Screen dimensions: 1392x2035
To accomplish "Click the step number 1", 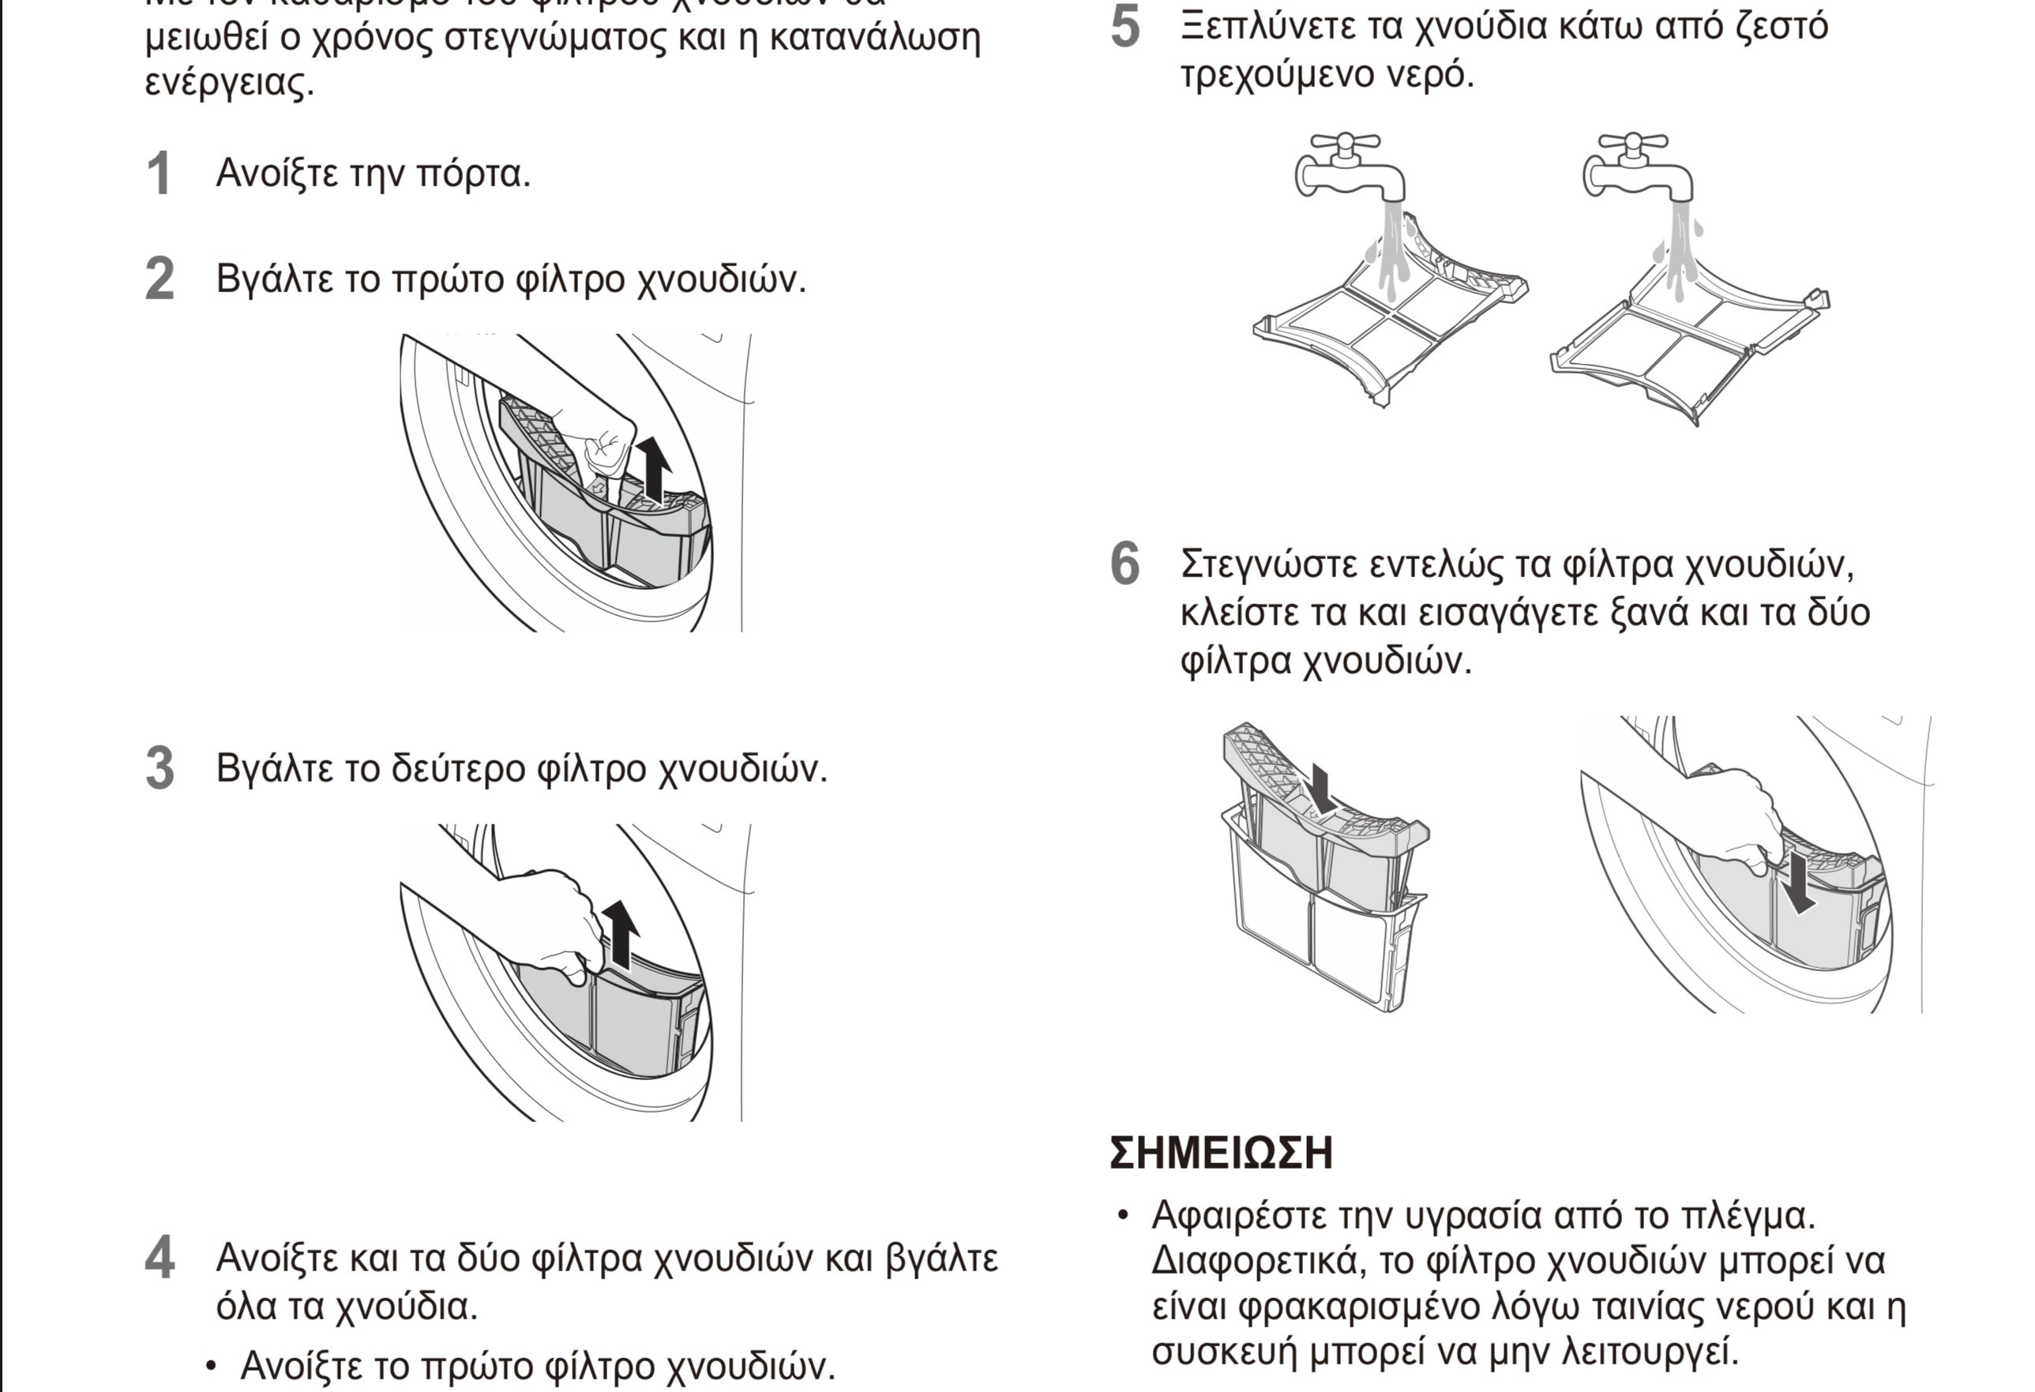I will pos(159,174).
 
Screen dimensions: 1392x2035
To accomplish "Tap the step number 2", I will pos(160,280).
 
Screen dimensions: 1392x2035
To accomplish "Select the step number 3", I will pos(160,769).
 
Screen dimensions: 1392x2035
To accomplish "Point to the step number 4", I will pos(160,1258).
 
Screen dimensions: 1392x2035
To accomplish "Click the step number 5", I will pos(1125,26).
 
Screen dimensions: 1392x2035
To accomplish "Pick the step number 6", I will pos(1125,563).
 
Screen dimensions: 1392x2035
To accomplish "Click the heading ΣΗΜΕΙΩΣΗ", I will pos(1221,1153).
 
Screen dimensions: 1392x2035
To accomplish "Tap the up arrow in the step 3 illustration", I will pos(620,935).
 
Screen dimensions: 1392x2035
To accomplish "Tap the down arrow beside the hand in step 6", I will pos(1799,885).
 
